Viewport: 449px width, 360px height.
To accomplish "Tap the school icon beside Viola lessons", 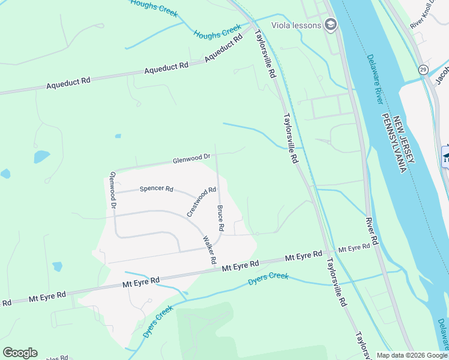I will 330,25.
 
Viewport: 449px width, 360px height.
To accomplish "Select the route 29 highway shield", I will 423,70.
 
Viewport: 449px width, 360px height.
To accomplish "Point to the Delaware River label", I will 375,80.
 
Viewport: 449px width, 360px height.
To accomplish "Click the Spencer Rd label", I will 156,189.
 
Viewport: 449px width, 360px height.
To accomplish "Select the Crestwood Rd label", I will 201,202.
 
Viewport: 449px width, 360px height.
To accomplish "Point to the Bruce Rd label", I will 220,218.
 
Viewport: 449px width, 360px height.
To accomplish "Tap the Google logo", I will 20,353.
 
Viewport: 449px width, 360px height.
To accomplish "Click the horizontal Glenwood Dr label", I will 191,159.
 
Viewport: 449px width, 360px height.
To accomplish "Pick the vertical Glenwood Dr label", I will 112,190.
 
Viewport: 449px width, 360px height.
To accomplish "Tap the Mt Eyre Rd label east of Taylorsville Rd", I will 354,248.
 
